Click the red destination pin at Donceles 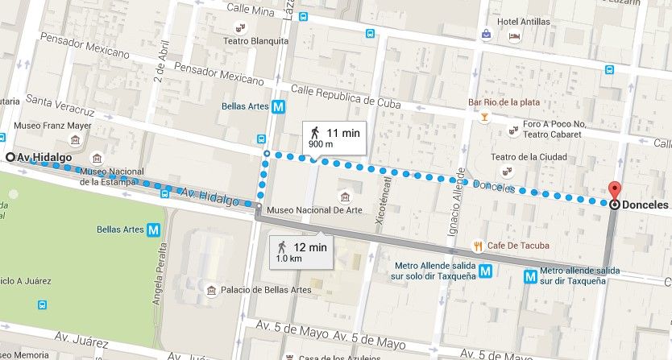(615, 192)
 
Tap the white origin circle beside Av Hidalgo (10, 157)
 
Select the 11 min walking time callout (333, 136)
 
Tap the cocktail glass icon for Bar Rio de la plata (483, 118)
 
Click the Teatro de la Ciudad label (550, 157)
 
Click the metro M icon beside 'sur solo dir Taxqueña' (485, 271)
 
